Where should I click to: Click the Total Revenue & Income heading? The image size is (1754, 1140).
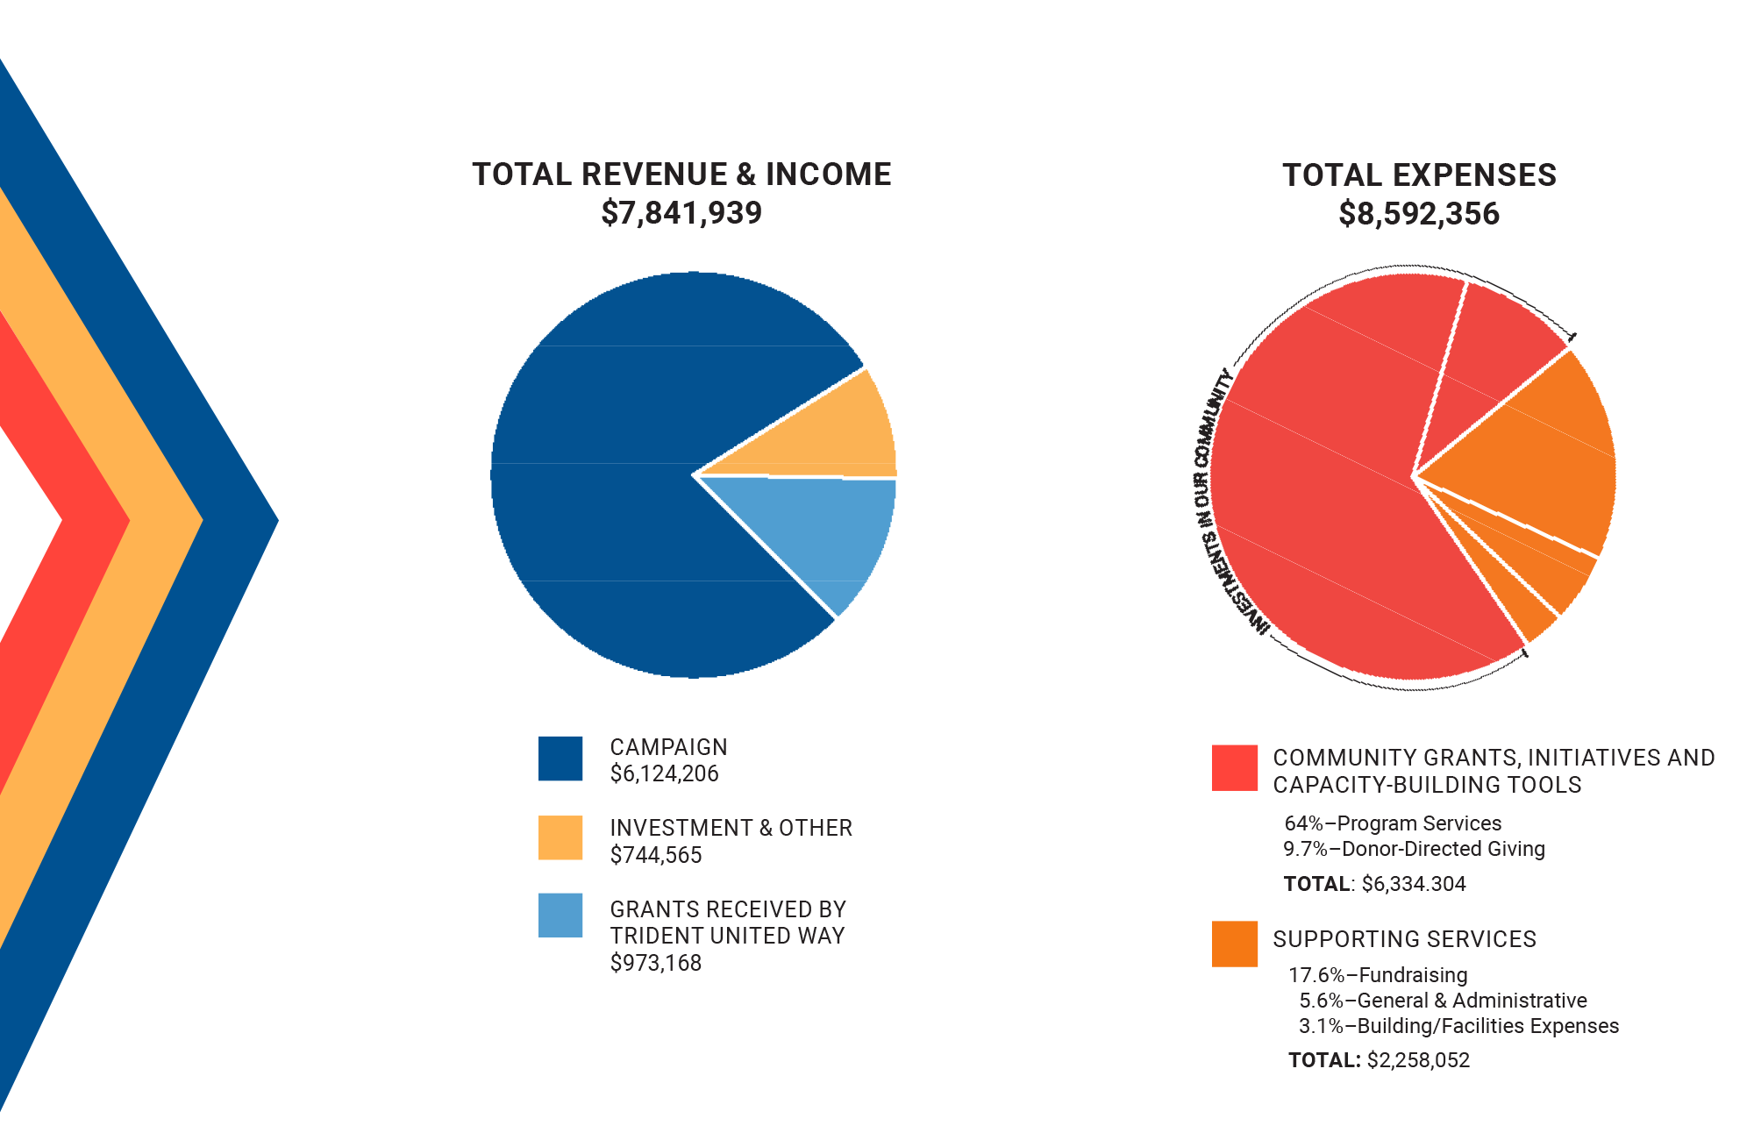(x=681, y=175)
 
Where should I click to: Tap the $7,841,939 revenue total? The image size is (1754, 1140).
(x=681, y=213)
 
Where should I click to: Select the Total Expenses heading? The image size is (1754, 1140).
(x=1419, y=175)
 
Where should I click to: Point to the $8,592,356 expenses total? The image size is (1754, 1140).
(x=1419, y=214)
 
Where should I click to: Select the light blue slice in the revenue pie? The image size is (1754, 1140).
(x=824, y=535)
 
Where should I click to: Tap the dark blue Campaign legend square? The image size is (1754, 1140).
(x=560, y=759)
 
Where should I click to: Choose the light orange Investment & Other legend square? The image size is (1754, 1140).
(x=560, y=837)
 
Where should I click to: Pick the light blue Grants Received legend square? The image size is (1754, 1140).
(x=560, y=916)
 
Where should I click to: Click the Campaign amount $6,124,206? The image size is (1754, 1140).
(x=664, y=774)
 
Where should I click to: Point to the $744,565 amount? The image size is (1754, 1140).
(x=656, y=855)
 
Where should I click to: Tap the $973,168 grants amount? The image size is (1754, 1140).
(x=656, y=963)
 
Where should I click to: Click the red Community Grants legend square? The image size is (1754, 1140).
(x=1234, y=768)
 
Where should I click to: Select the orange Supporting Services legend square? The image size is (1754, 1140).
(x=1234, y=944)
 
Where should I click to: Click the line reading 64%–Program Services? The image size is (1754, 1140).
(x=1393, y=823)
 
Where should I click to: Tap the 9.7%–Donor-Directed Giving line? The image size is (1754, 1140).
(x=1414, y=849)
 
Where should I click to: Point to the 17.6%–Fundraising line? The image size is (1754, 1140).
(x=1378, y=975)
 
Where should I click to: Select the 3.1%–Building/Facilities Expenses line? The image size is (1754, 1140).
(x=1458, y=1026)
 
